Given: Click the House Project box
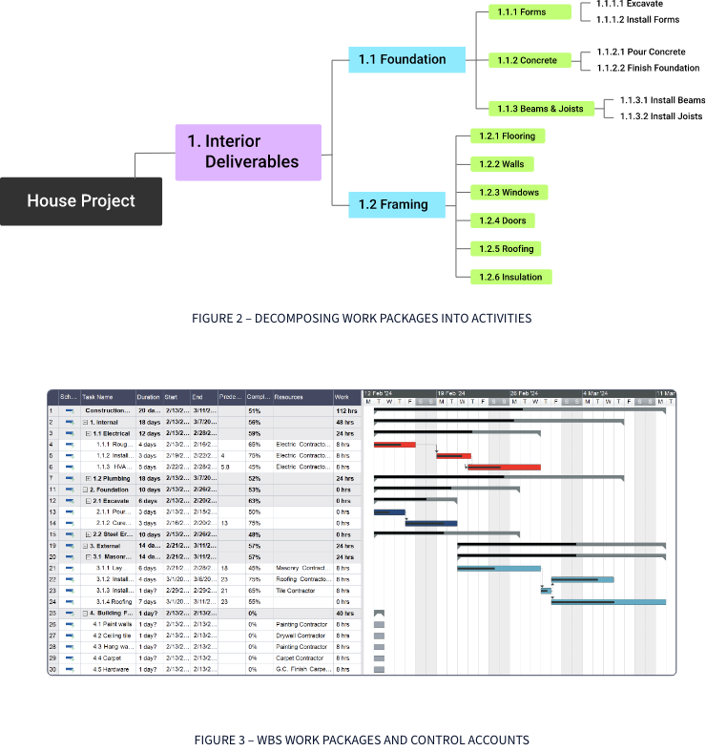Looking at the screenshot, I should coord(81,200).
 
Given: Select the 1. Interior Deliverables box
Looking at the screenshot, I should coord(252,152).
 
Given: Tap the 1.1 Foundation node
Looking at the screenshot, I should coord(410,60).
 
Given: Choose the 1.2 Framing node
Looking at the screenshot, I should coord(401,204).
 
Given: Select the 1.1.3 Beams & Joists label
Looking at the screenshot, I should coord(545,109).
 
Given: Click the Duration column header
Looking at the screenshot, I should coord(148,397).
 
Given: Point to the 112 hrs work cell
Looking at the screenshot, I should coord(344,410).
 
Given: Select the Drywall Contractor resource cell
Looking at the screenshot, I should coord(301,636).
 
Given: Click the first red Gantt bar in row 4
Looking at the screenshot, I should coord(394,445).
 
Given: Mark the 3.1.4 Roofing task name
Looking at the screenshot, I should coord(114,602).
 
